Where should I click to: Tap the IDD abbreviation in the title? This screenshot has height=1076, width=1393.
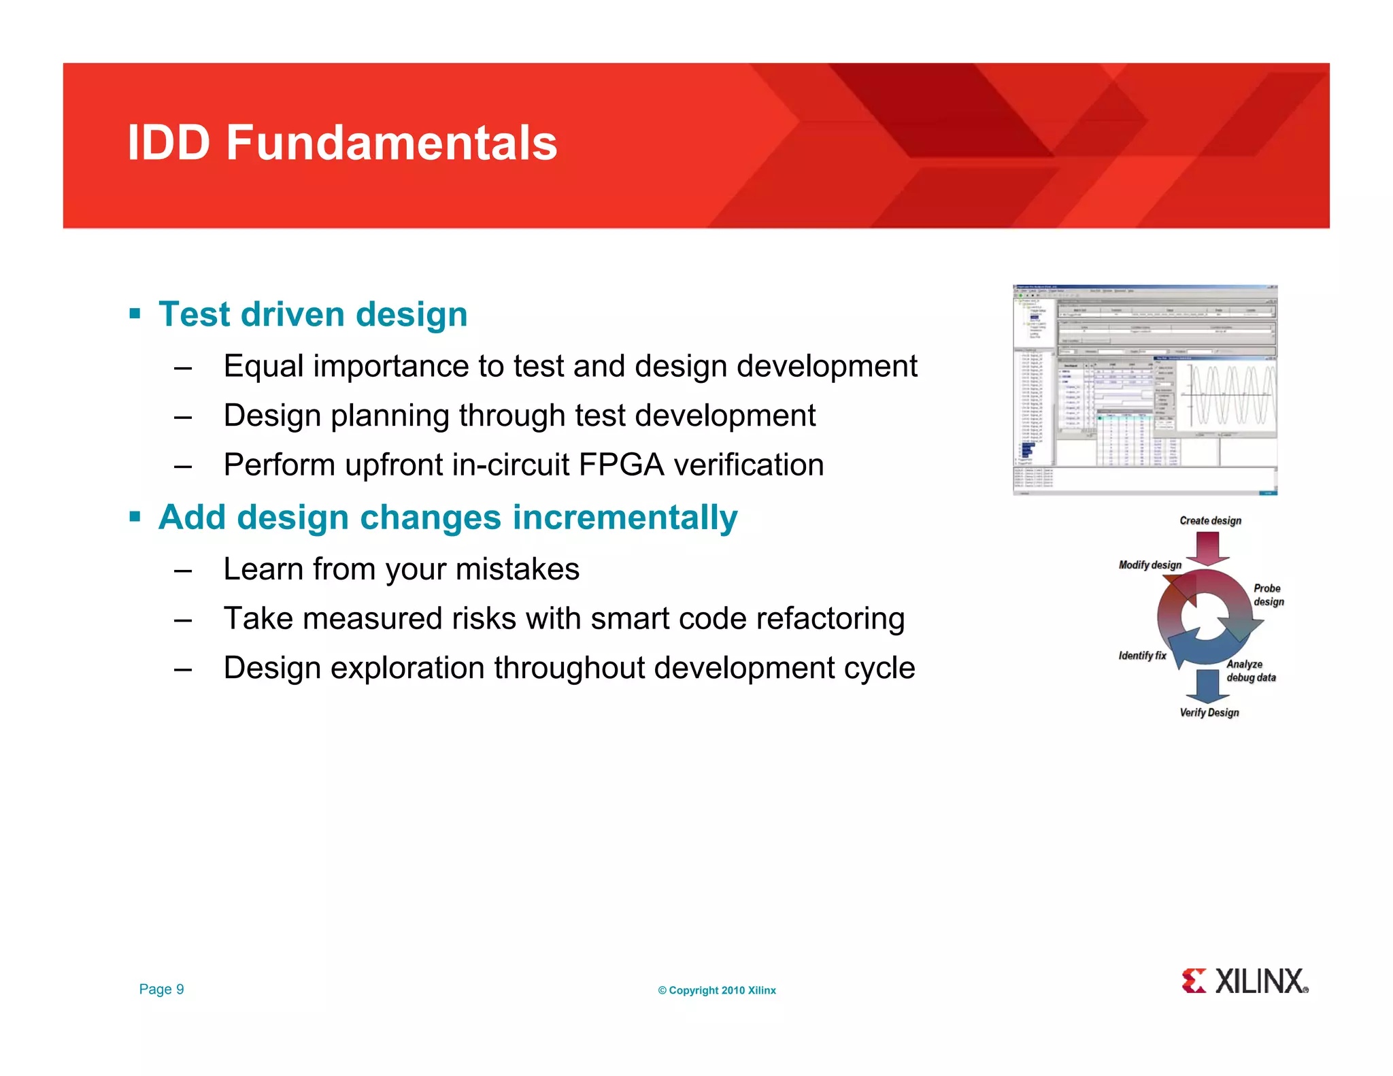pyautogui.click(x=169, y=144)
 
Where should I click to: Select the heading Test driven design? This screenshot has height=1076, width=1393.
pyautogui.click(x=313, y=315)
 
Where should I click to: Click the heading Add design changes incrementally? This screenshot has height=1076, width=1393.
pyautogui.click(x=448, y=518)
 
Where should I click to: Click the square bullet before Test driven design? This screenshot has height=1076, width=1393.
pyautogui.click(x=135, y=314)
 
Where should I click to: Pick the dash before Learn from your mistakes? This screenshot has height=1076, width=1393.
pyautogui.click(x=183, y=570)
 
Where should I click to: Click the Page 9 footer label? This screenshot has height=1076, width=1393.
pyautogui.click(x=161, y=990)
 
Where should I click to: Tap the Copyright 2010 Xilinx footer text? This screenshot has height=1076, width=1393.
pyautogui.click(x=716, y=990)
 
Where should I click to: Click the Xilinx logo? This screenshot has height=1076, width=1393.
pyautogui.click(x=1244, y=981)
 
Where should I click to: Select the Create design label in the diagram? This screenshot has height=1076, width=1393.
pyautogui.click(x=1210, y=520)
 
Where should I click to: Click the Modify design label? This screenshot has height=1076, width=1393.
pyautogui.click(x=1149, y=565)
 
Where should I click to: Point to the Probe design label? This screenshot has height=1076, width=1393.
pyautogui.click(x=1268, y=595)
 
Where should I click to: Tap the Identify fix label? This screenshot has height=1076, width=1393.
pyautogui.click(x=1142, y=656)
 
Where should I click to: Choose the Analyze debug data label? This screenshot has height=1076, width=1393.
pyautogui.click(x=1250, y=671)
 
